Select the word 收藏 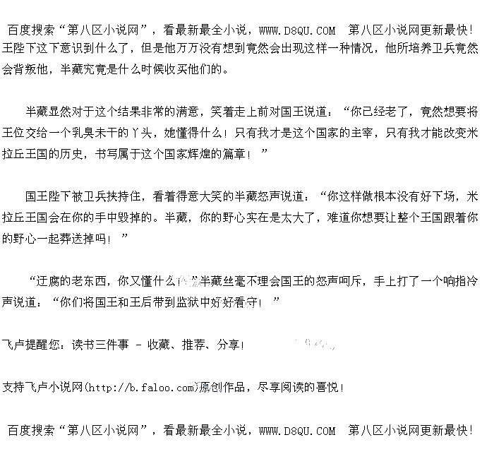(x=158, y=345)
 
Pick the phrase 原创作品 (x=222, y=387)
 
